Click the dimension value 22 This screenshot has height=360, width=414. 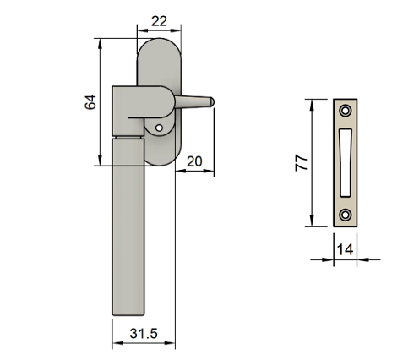(x=157, y=19)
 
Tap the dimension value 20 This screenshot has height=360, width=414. (x=194, y=161)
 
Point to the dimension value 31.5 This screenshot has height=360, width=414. (x=143, y=333)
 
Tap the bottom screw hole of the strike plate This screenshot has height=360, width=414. (x=346, y=215)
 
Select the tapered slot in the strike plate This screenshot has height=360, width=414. (x=346, y=161)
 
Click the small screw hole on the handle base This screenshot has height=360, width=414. (x=159, y=128)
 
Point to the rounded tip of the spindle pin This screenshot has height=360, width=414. (x=212, y=103)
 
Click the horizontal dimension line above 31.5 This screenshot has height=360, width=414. (x=143, y=345)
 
